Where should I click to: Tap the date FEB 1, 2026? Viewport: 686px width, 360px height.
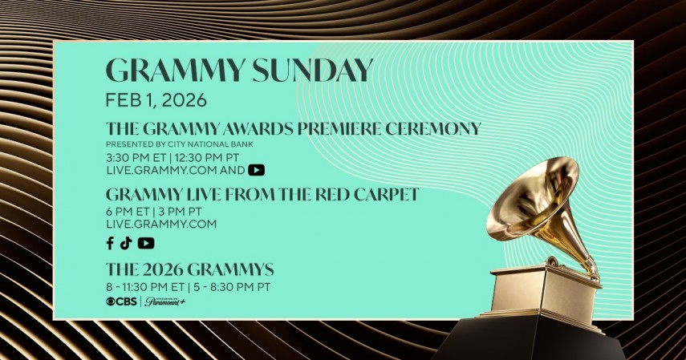click(156, 100)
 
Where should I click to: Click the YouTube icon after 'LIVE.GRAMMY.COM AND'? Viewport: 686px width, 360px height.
click(256, 170)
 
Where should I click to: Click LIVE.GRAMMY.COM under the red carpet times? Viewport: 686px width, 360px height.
click(161, 224)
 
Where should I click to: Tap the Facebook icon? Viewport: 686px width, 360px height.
click(110, 244)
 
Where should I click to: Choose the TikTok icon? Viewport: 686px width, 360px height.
click(126, 244)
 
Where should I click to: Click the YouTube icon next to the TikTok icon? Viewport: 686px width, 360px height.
click(146, 244)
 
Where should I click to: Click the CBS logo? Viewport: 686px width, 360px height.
click(122, 301)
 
